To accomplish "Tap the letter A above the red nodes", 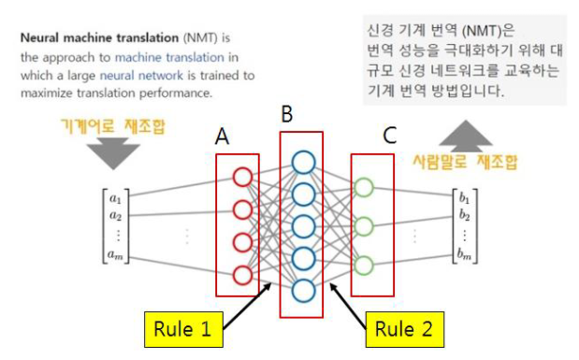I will tap(222, 137).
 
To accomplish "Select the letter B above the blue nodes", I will tap(287, 115).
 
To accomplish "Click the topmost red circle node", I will tap(242, 176).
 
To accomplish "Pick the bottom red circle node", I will tap(242, 275).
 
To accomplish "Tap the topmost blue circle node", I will tap(302, 161).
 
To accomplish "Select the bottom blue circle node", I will tap(302, 288).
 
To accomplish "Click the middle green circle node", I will tap(365, 224).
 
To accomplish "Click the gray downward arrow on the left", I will tap(113, 152).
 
